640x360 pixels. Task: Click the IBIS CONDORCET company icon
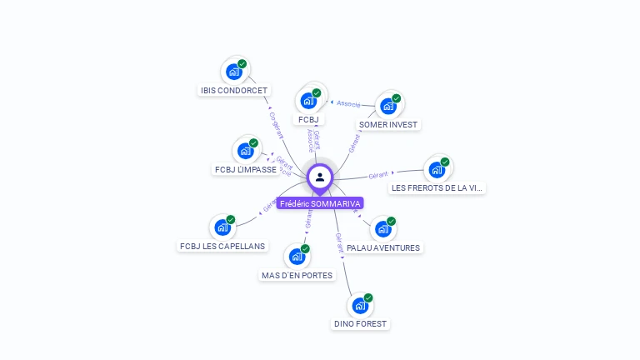234,72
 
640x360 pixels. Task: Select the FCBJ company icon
308,101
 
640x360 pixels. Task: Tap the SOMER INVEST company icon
387,106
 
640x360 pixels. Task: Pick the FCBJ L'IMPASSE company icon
245,151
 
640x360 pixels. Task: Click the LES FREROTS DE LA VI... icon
436,170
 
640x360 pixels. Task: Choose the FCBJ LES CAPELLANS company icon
222,227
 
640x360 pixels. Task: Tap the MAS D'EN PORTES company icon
297,257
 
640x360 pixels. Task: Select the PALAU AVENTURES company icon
382,229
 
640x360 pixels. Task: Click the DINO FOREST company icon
360,306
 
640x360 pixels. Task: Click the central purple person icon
320,177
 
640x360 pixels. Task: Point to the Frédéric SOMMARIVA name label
320,203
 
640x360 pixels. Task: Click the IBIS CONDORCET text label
234,90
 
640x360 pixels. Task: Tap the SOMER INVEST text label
388,125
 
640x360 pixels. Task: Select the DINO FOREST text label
361,324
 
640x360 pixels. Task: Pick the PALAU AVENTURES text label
383,247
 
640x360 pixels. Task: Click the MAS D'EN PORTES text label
297,276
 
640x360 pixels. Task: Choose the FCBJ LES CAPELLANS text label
222,247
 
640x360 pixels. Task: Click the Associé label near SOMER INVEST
348,104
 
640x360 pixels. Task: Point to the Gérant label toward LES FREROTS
380,175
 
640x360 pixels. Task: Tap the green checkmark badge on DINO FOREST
368,297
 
